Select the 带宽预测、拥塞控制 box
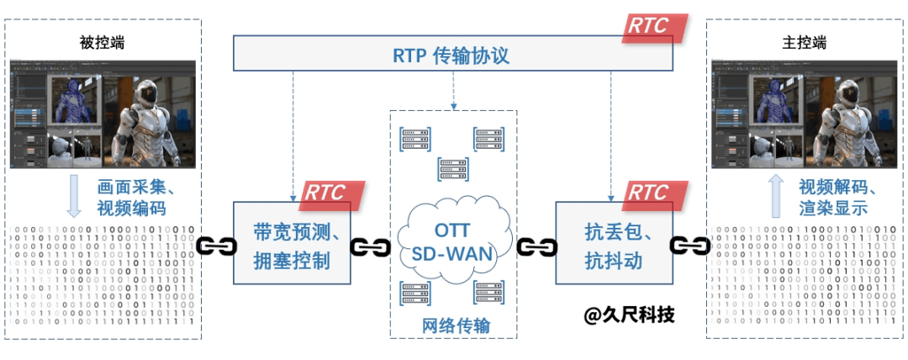point(290,246)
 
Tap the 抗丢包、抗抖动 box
point(614,246)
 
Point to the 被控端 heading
point(102,42)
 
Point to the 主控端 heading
point(804,42)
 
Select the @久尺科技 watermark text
point(630,315)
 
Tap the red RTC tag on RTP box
point(657,26)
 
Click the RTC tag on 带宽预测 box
point(334,193)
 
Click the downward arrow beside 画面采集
point(74,196)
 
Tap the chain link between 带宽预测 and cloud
point(370,247)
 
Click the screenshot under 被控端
point(102,114)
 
